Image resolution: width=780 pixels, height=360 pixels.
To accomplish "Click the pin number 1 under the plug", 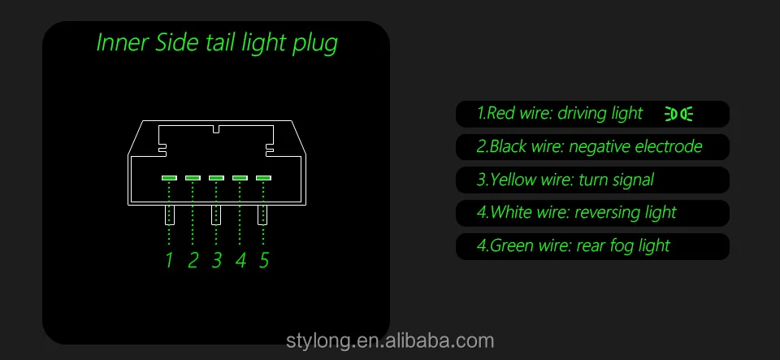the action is click(169, 261).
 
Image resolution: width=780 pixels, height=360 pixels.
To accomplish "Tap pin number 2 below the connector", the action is click(193, 261).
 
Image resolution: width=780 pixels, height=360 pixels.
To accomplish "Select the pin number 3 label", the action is click(216, 261).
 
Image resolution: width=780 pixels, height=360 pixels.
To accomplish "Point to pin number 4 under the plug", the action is click(240, 261).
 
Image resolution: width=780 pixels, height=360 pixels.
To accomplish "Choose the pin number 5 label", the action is click(263, 261).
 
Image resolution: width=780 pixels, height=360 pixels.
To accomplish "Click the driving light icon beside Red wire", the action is click(679, 114).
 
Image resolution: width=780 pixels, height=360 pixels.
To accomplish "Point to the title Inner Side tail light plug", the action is click(217, 43).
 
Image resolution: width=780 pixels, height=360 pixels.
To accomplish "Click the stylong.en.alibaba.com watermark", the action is click(390, 341).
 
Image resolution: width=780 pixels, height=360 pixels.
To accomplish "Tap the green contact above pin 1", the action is click(169, 177).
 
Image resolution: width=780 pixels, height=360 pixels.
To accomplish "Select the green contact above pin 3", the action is click(216, 177).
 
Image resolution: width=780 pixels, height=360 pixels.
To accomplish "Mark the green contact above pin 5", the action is click(263, 177).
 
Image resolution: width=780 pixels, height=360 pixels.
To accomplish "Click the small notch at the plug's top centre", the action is click(216, 129).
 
